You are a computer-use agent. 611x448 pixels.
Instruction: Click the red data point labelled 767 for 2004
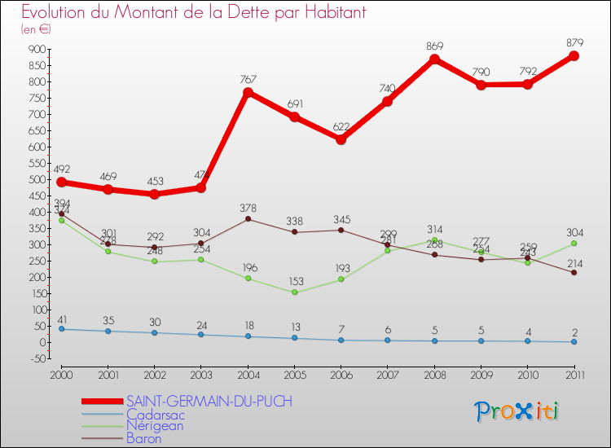point(248,92)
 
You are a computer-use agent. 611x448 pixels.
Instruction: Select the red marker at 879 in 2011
point(574,56)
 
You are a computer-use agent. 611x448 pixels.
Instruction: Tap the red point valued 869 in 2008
point(434,59)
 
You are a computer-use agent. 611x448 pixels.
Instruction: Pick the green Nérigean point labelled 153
point(294,292)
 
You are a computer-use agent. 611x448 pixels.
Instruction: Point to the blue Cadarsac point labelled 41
point(61,329)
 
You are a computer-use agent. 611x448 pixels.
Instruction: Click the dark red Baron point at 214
point(574,272)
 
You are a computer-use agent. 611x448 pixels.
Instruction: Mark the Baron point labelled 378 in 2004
point(248,219)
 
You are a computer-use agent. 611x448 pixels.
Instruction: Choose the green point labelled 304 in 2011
point(574,244)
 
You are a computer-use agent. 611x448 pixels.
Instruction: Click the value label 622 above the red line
point(341,127)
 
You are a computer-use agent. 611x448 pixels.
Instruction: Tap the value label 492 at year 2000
point(61,169)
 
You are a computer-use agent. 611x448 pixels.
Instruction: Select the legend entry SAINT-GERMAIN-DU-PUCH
point(209,402)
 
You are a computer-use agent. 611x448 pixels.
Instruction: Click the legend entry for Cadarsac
point(154,414)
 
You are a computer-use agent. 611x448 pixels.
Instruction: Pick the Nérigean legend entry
point(155,425)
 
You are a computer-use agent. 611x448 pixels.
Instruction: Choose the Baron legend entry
point(144,438)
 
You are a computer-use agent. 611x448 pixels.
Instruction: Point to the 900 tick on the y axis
point(35,49)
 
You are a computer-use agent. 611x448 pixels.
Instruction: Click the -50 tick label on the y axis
point(35,358)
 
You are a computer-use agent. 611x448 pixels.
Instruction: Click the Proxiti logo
point(517,411)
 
